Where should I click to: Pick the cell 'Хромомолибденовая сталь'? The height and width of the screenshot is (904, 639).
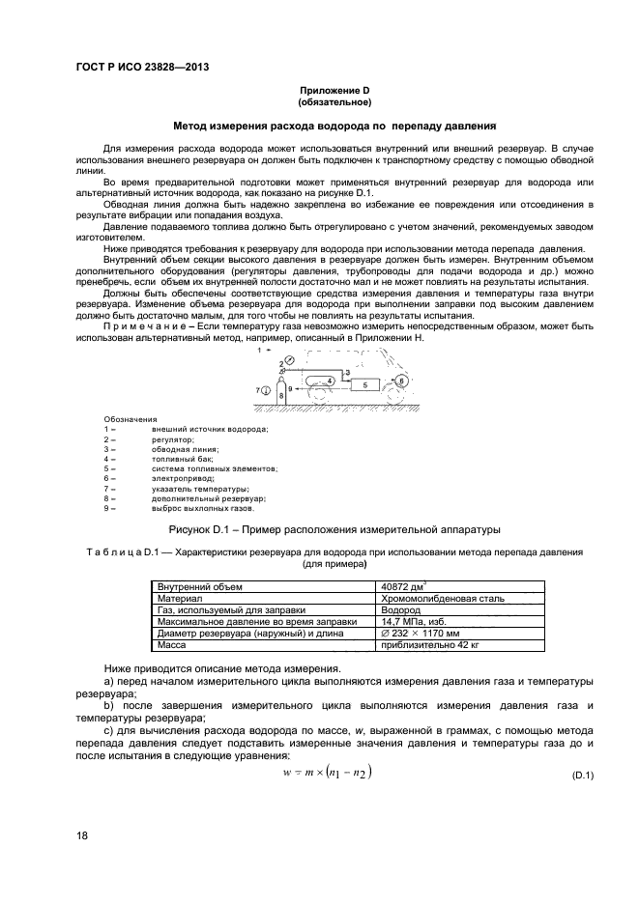pyautogui.click(x=443, y=599)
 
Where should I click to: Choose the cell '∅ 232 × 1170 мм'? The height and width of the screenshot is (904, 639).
pyautogui.click(x=425, y=634)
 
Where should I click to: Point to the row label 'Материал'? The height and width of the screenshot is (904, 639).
pyautogui.click(x=180, y=599)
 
